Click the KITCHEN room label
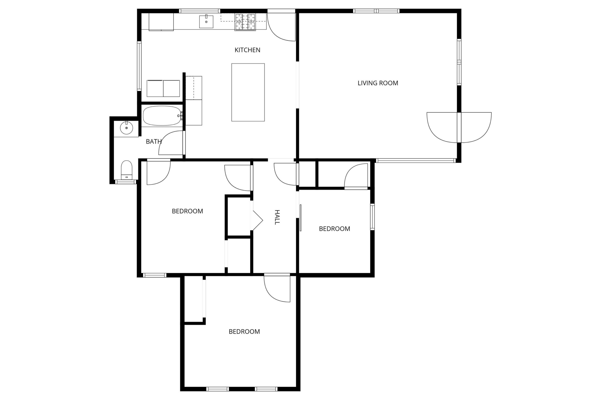[247, 50]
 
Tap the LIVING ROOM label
[378, 83]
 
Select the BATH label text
[154, 141]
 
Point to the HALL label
[277, 217]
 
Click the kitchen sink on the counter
[206, 21]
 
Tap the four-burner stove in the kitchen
[245, 22]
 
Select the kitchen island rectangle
[248, 92]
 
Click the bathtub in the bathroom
[162, 116]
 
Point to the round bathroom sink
[127, 128]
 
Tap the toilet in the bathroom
[127, 170]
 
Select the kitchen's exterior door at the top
[281, 26]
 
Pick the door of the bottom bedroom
[277, 288]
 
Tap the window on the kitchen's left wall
[139, 66]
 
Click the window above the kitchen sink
[199, 11]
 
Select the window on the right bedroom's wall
[372, 217]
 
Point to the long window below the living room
[416, 161]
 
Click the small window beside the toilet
[125, 182]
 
